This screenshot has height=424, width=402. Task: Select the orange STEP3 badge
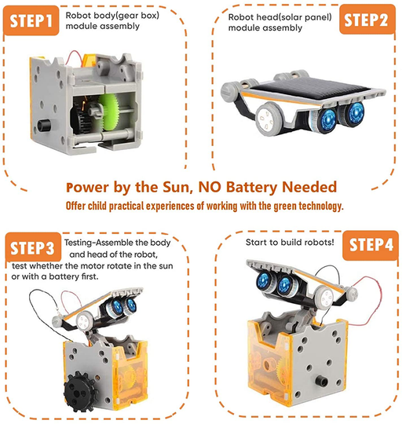click(x=33, y=249)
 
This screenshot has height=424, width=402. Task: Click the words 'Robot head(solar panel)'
click(x=276, y=16)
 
